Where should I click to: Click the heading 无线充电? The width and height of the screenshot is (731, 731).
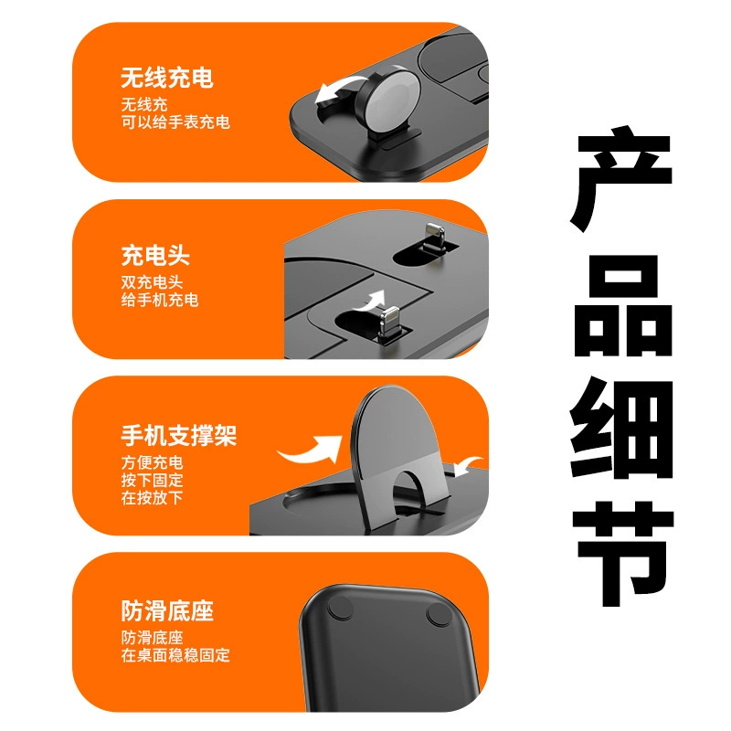167,78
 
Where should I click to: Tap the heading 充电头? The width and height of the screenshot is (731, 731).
155,255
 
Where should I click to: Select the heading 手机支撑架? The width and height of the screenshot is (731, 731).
178,436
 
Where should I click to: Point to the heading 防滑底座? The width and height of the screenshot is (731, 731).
167,610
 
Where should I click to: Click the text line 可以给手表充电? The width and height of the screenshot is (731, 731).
175,122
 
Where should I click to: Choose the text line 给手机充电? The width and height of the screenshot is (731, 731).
160,300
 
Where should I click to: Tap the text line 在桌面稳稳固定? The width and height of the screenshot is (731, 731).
175,655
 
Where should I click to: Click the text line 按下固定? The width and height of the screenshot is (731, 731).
152,481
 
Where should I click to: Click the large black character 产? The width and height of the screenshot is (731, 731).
621,178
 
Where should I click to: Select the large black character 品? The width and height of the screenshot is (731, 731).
623,305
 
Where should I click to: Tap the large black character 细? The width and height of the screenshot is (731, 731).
621,429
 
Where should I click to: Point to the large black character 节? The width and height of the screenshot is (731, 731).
623,554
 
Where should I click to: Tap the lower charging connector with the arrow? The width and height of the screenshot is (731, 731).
389,323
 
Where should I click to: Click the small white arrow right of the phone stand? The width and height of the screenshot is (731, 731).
468,465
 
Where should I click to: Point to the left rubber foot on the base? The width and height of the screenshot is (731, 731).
341,609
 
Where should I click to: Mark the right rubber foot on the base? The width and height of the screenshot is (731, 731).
439,613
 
